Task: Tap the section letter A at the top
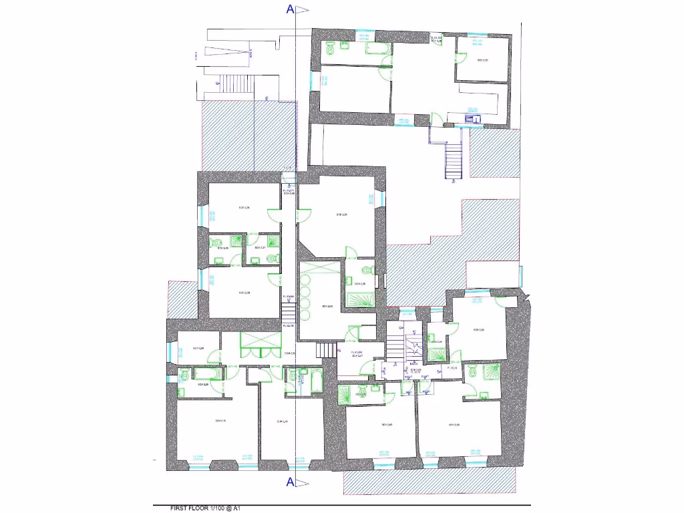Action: coord(290,9)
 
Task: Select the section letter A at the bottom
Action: coord(290,482)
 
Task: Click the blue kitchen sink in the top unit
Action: coord(474,119)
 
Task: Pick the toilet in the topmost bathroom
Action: coord(331,47)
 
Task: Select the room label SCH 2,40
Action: coord(327,307)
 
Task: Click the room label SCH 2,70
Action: coord(220,420)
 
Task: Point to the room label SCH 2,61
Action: coord(387,424)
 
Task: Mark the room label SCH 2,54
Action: coord(478,329)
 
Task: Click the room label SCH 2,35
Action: coord(482,60)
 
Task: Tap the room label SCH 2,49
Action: coord(282,421)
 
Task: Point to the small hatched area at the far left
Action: coord(180,299)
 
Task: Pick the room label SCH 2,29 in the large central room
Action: coord(341,214)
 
